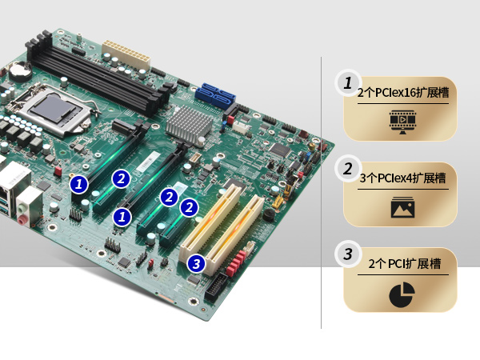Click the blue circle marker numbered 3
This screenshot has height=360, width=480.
(196, 263)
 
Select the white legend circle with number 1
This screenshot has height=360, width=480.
(348, 82)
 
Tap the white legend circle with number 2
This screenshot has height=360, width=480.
(348, 169)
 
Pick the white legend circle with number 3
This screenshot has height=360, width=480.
(348, 254)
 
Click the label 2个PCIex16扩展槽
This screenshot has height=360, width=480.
(403, 93)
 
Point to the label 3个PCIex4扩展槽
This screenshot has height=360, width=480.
(402, 178)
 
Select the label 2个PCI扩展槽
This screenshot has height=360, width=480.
(404, 263)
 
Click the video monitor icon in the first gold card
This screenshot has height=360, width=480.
(402, 122)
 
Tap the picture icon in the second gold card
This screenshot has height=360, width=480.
(402, 207)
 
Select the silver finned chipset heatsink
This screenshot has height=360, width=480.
(189, 122)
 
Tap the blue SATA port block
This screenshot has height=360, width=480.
(215, 96)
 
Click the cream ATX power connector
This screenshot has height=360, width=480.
(126, 54)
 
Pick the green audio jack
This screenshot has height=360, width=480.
(21, 209)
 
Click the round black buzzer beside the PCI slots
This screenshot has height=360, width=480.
(269, 214)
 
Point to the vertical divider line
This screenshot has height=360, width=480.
(321, 193)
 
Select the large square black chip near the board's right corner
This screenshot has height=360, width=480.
(280, 149)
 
